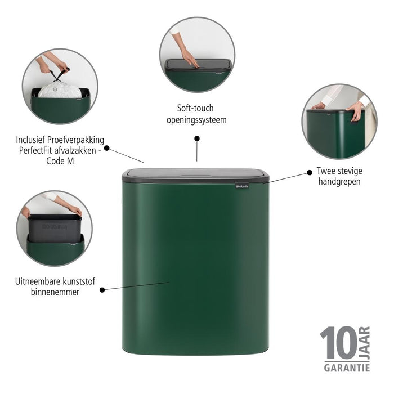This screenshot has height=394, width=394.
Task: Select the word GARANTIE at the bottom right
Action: [x=346, y=368]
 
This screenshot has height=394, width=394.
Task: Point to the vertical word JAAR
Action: [x=364, y=342]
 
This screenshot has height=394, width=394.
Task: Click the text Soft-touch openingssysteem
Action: [x=196, y=114]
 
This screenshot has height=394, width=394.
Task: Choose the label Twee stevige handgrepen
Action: [x=338, y=176]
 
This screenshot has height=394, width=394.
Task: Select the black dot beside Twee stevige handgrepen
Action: [x=309, y=171]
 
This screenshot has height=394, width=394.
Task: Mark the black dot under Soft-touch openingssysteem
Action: [x=196, y=138]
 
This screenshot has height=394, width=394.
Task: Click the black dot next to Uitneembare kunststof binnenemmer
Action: [x=102, y=290]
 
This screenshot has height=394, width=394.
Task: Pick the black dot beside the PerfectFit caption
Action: [x=107, y=149]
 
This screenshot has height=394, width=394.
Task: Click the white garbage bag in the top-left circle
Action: [x=59, y=89]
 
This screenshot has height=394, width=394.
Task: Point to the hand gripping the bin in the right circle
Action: [x=355, y=110]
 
